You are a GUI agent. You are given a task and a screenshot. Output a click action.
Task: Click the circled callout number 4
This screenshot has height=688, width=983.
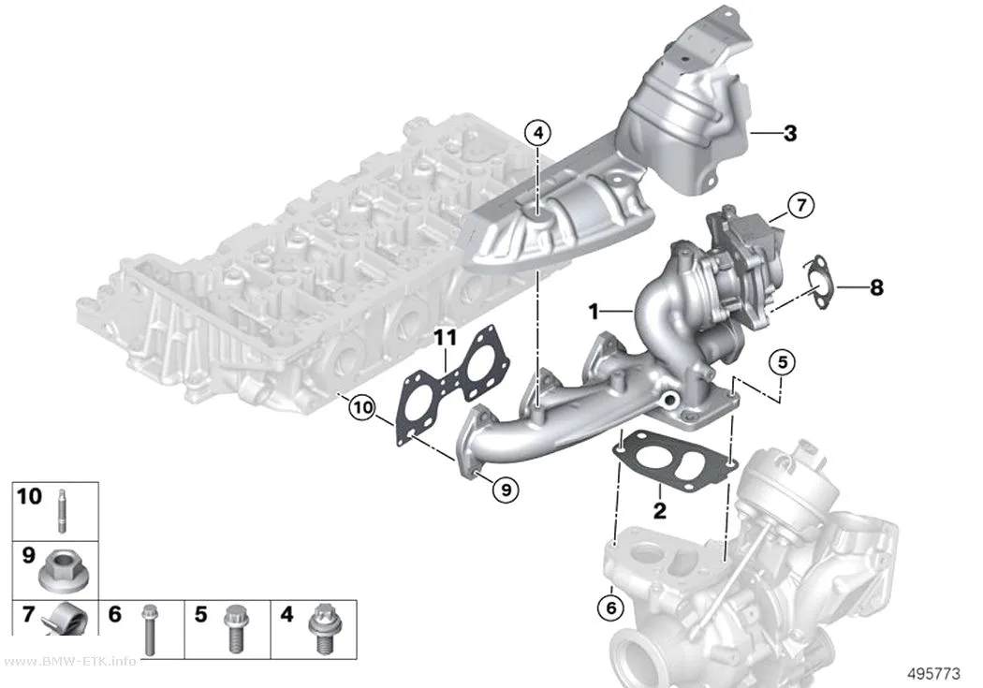(538, 133)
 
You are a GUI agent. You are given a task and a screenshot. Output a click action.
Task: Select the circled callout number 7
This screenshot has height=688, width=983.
(800, 205)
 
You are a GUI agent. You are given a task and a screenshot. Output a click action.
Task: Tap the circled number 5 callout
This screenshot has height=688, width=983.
(782, 362)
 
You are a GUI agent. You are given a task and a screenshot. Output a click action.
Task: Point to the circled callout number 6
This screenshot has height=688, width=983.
(611, 607)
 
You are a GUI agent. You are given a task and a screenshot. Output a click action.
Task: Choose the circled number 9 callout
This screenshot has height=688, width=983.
(506, 489)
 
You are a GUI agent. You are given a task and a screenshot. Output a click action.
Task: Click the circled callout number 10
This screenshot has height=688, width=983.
(362, 408)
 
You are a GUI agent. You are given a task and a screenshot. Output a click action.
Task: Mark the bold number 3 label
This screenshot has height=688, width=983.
(790, 133)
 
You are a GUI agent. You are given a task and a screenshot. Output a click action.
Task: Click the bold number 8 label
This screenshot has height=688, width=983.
(876, 287)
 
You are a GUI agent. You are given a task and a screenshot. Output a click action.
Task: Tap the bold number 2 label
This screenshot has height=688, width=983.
(659, 511)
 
